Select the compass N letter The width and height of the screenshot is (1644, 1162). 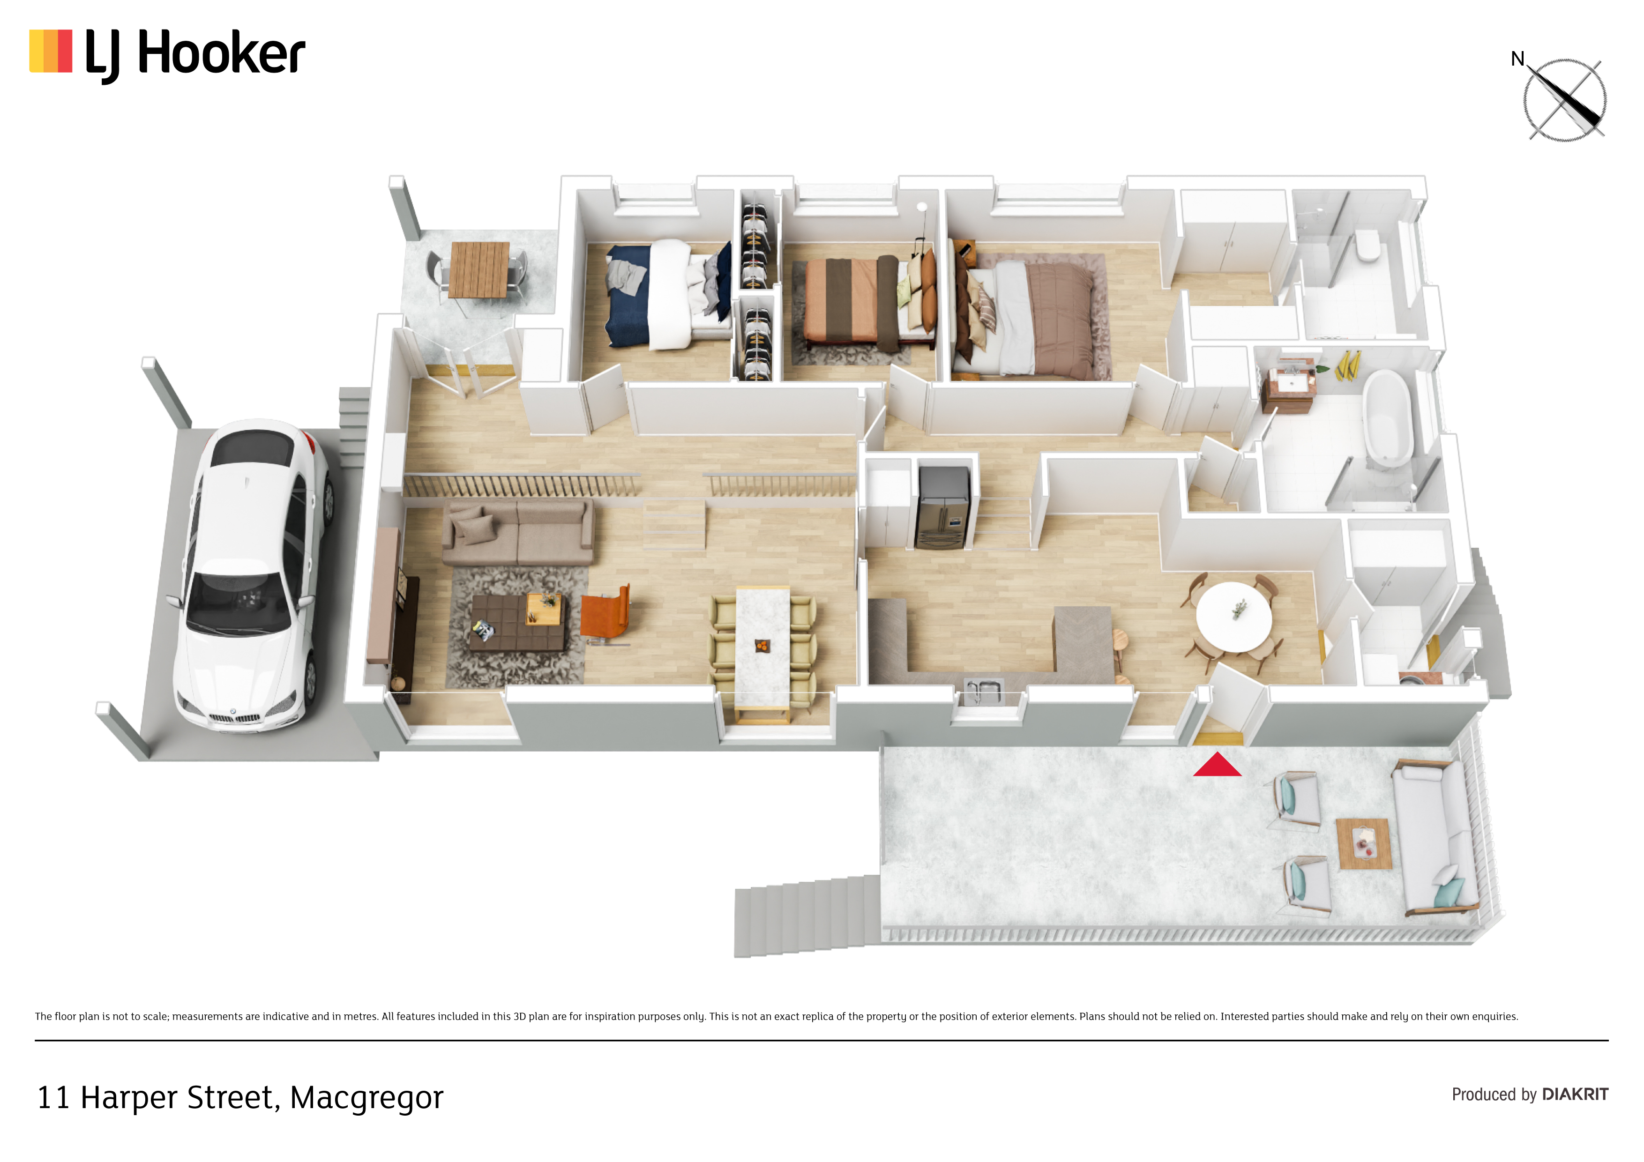[x=1517, y=59]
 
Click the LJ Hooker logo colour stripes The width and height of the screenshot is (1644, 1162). [x=51, y=51]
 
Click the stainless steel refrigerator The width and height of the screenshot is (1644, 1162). [x=944, y=507]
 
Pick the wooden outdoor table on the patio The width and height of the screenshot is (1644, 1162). [x=479, y=269]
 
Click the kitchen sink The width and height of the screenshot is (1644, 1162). [x=983, y=691]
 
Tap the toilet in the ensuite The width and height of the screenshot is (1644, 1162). [x=1368, y=245]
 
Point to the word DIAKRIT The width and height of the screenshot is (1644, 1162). [x=1575, y=1094]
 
